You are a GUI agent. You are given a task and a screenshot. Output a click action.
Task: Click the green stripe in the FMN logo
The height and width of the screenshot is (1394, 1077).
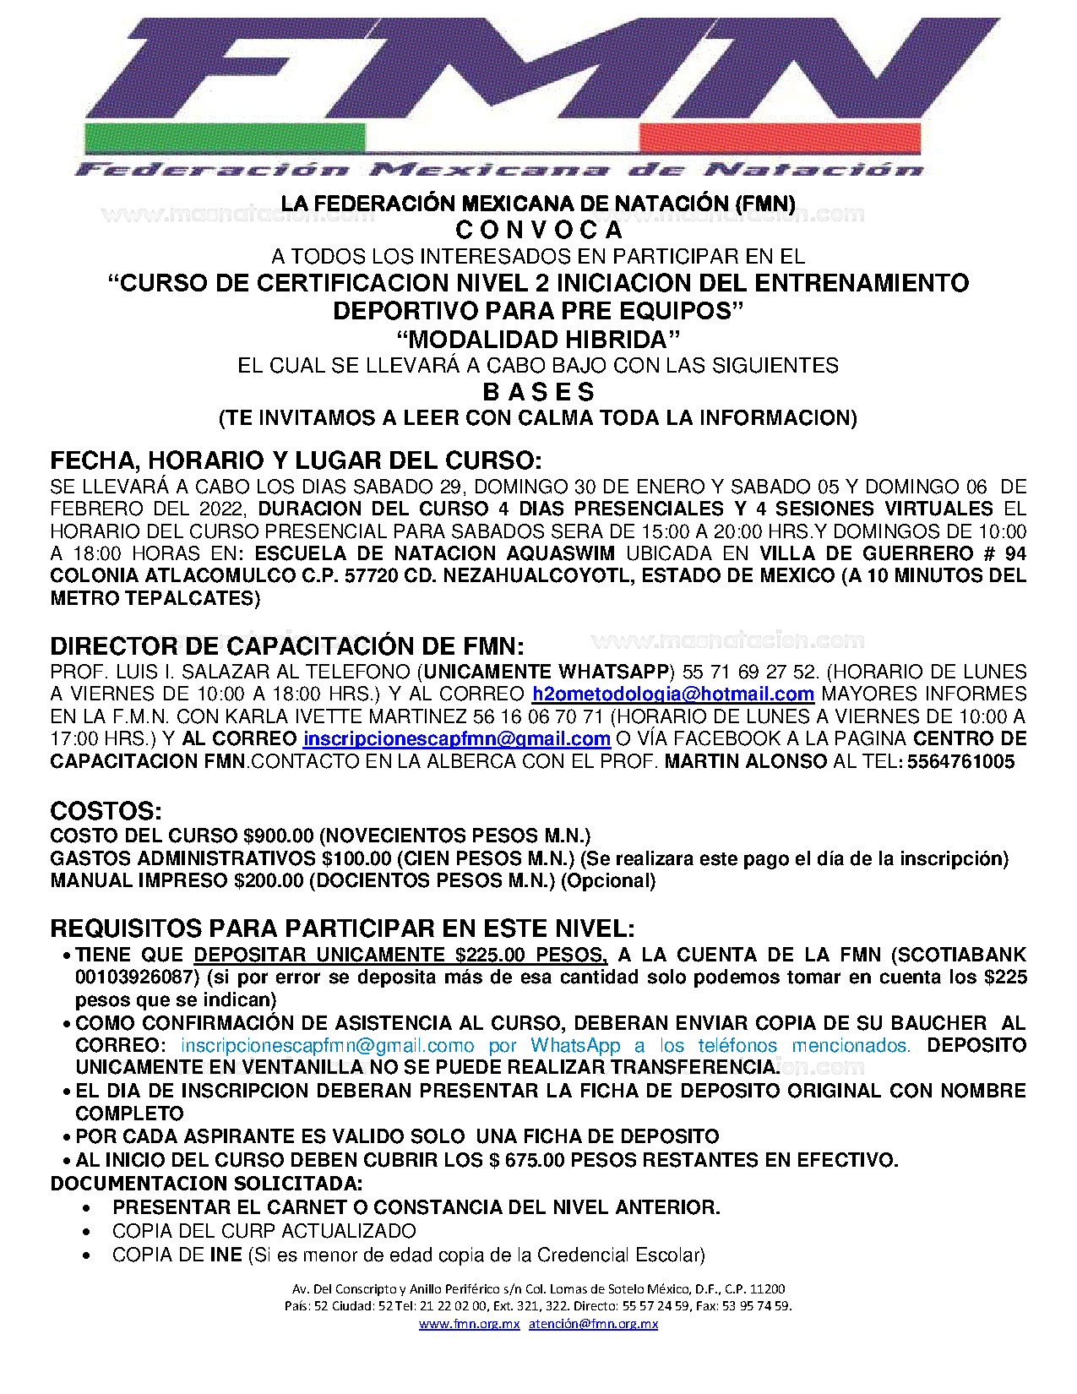click(224, 138)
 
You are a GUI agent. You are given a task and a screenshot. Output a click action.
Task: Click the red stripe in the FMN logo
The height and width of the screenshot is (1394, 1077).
click(780, 138)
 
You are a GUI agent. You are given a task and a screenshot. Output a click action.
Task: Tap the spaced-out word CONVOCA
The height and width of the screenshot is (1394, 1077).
click(538, 230)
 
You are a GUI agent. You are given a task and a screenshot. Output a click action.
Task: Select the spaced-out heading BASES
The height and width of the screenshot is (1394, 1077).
click(538, 392)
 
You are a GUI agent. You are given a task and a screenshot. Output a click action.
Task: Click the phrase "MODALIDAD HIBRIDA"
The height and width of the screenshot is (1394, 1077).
click(538, 340)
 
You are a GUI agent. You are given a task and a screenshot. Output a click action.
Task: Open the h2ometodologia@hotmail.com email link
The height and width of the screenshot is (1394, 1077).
click(672, 694)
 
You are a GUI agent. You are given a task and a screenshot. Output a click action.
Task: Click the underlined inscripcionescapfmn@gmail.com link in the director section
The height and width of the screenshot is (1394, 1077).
click(456, 739)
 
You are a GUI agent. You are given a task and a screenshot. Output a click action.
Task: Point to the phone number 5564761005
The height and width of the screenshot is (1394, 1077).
click(960, 761)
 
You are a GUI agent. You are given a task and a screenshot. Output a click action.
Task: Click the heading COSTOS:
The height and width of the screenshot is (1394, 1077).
click(106, 811)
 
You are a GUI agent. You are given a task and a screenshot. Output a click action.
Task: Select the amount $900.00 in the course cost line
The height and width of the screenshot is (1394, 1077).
click(278, 836)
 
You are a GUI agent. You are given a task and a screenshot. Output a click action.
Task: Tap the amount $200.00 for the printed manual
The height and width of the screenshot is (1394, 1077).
click(268, 881)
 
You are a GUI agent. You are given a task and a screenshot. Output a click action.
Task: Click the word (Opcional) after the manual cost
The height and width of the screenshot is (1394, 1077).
click(608, 881)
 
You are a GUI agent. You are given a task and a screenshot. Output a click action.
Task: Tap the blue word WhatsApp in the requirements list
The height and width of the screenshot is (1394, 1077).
click(575, 1046)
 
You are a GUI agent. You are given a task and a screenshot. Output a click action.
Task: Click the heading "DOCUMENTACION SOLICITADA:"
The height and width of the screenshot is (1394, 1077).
click(206, 1184)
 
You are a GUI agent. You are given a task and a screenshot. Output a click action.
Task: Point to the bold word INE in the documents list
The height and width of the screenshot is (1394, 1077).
click(226, 1255)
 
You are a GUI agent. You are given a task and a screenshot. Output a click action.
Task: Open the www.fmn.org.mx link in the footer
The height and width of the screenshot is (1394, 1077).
click(469, 1324)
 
